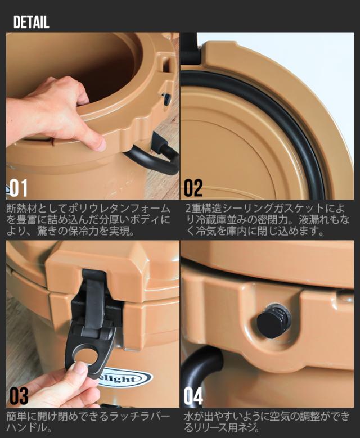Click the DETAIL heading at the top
coord(31,22)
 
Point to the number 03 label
coord(18,396)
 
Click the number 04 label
coord(193,396)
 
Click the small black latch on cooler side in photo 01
coord(166,98)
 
